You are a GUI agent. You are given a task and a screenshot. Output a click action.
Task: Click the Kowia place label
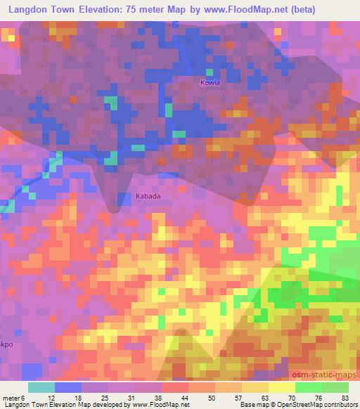210,82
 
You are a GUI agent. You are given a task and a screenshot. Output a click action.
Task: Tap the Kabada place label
148,197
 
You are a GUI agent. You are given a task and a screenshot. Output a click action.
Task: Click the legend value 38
163,398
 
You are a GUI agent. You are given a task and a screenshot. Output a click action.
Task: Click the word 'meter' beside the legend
11,398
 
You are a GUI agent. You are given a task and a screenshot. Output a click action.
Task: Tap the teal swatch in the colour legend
41,387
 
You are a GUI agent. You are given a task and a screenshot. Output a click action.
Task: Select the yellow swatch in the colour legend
281,387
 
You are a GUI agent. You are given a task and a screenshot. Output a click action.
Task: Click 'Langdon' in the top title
27,10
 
